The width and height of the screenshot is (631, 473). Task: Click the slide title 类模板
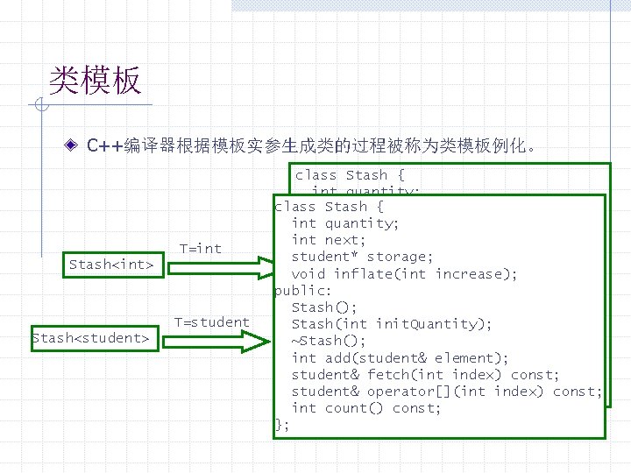(x=95, y=81)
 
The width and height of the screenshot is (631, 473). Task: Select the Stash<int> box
(x=111, y=264)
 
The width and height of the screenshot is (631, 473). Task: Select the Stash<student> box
(x=94, y=337)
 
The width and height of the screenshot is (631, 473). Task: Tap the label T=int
(x=201, y=248)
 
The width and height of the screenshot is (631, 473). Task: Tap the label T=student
(x=211, y=321)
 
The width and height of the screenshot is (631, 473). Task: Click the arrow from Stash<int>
(x=219, y=265)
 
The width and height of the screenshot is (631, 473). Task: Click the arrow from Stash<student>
(x=219, y=338)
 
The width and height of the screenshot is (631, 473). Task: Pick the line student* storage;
(x=361, y=256)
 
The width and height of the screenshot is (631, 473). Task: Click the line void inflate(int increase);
(x=404, y=273)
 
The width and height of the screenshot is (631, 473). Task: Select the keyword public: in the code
(x=302, y=290)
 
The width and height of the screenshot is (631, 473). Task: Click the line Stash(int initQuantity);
(x=391, y=323)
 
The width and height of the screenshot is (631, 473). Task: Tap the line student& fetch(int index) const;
(x=424, y=374)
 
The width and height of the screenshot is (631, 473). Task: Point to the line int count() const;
(x=365, y=407)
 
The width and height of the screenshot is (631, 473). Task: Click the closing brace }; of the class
(x=281, y=424)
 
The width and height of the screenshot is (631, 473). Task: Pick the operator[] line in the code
(x=446, y=391)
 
